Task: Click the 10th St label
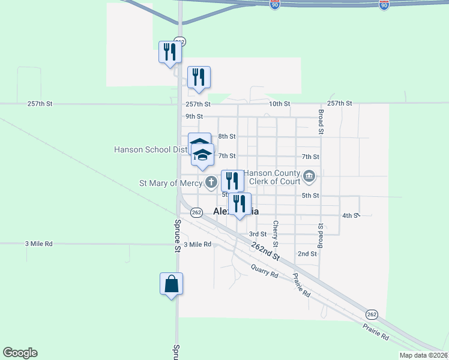(279, 104)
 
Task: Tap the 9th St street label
(194, 116)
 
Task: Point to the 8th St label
(226, 137)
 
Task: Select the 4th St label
(350, 215)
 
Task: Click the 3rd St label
(258, 234)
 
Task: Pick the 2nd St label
(307, 254)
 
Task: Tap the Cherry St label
(276, 234)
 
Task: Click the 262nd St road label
(265, 248)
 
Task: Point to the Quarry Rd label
(265, 271)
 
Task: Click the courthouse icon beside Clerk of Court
(309, 176)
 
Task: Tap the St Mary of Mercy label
(170, 182)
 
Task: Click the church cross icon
(211, 182)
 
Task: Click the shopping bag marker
(171, 283)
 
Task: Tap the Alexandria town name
(237, 211)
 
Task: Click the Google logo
(20, 353)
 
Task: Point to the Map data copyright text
(423, 355)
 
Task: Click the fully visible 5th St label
(310, 196)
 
